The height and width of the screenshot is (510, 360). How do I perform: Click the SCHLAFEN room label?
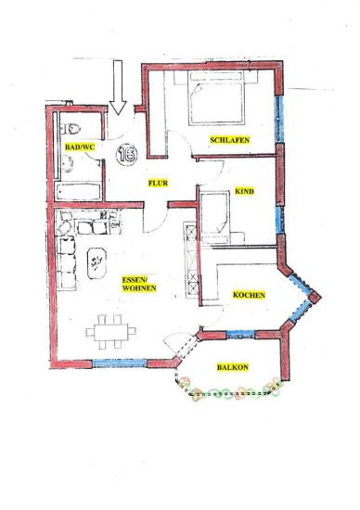click(x=230, y=140)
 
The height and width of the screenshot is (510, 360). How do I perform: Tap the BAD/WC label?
click(x=80, y=147)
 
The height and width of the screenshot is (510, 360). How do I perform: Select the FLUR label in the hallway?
click(x=158, y=183)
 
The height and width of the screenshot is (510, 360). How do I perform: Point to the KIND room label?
click(x=244, y=191)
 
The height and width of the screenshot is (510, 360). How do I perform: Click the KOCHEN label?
click(x=249, y=295)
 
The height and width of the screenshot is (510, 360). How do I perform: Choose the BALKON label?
click(x=232, y=367)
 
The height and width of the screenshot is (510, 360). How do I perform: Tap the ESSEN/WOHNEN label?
click(x=139, y=284)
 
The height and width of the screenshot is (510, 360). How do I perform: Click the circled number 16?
click(x=126, y=155)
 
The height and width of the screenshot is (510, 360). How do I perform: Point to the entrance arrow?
click(x=118, y=87)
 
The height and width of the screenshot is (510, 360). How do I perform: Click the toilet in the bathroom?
click(x=71, y=129)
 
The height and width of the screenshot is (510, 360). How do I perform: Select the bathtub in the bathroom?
click(x=78, y=192)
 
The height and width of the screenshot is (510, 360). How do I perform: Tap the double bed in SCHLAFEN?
click(x=216, y=98)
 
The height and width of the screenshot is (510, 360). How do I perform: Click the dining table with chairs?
click(x=110, y=332)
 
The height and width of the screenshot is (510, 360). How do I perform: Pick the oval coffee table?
click(x=96, y=263)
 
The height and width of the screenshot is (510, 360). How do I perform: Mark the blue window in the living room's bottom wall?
click(x=120, y=363)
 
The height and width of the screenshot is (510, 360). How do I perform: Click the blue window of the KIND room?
click(x=280, y=220)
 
